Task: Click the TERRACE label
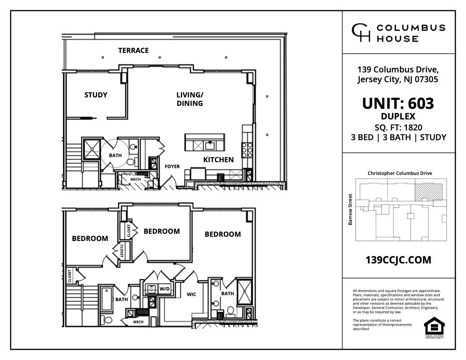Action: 133,50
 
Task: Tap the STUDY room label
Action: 96,95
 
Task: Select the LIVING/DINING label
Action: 189,99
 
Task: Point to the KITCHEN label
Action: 218,160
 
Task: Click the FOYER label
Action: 172,166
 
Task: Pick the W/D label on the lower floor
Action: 164,289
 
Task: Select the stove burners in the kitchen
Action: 247,149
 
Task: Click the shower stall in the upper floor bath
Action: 90,147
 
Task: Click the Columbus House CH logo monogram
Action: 360,33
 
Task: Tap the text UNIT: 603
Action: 398,103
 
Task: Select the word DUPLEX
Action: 398,116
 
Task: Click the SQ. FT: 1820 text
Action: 398,127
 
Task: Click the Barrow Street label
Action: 350,209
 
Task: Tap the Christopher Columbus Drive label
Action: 399,173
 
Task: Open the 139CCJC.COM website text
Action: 398,260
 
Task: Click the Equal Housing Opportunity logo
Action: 434,327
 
